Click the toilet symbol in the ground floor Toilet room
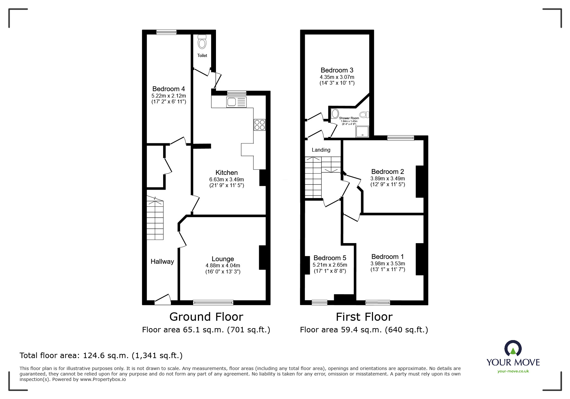(202, 42)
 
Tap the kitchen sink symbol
(236, 102)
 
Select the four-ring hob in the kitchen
(260, 125)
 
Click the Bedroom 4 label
(169, 89)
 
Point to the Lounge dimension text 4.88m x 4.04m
(223, 266)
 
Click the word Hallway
(162, 261)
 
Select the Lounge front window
(213, 302)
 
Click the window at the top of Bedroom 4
(166, 32)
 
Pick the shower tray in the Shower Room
(362, 131)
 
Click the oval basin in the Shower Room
(335, 113)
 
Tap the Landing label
(321, 150)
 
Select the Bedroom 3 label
(337, 70)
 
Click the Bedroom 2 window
(400, 138)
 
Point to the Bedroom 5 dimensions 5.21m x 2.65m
(330, 265)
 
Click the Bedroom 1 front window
(378, 302)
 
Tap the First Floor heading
(364, 317)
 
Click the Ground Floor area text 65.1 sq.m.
(206, 330)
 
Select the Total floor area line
(101, 356)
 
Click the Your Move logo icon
(513, 349)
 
